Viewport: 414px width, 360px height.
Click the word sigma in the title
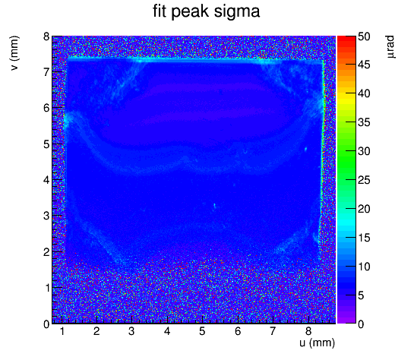[x=237, y=12]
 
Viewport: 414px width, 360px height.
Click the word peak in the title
[x=190, y=13]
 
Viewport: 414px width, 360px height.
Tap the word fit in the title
[x=160, y=11]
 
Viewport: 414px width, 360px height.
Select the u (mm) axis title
[x=317, y=343]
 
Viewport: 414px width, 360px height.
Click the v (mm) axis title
[x=14, y=53]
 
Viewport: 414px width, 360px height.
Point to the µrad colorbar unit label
[x=391, y=47]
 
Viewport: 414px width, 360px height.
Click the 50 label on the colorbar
[x=364, y=36]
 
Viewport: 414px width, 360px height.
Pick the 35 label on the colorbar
[x=364, y=123]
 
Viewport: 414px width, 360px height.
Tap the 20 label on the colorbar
[x=364, y=209]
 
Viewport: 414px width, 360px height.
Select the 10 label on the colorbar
[x=364, y=267]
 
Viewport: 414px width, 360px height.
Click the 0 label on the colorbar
[x=361, y=324]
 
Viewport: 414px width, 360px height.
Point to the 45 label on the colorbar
[x=364, y=65]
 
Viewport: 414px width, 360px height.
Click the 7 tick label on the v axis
[x=47, y=72]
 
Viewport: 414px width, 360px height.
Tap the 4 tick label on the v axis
[x=47, y=180]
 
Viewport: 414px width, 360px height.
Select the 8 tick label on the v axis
[x=47, y=36]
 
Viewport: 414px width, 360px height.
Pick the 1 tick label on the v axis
[x=47, y=288]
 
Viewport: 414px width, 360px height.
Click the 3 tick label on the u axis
[x=131, y=331]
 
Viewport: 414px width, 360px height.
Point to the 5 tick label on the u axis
[x=202, y=331]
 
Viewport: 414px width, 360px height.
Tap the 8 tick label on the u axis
[x=308, y=331]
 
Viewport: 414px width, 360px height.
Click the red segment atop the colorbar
[x=346, y=39]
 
